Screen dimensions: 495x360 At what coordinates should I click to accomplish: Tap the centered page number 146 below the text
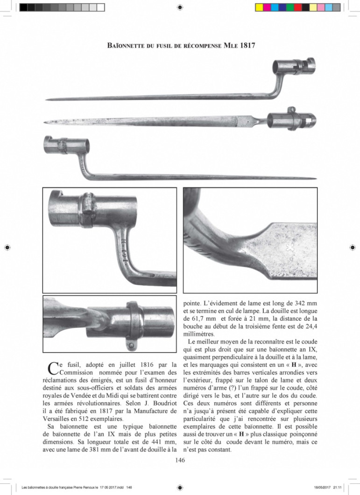[180, 460]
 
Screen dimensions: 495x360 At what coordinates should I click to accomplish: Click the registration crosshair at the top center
[180, 7]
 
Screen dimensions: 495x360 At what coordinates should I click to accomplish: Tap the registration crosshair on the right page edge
[353, 247]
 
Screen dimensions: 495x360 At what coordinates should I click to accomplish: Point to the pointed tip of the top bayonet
[46, 99]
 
